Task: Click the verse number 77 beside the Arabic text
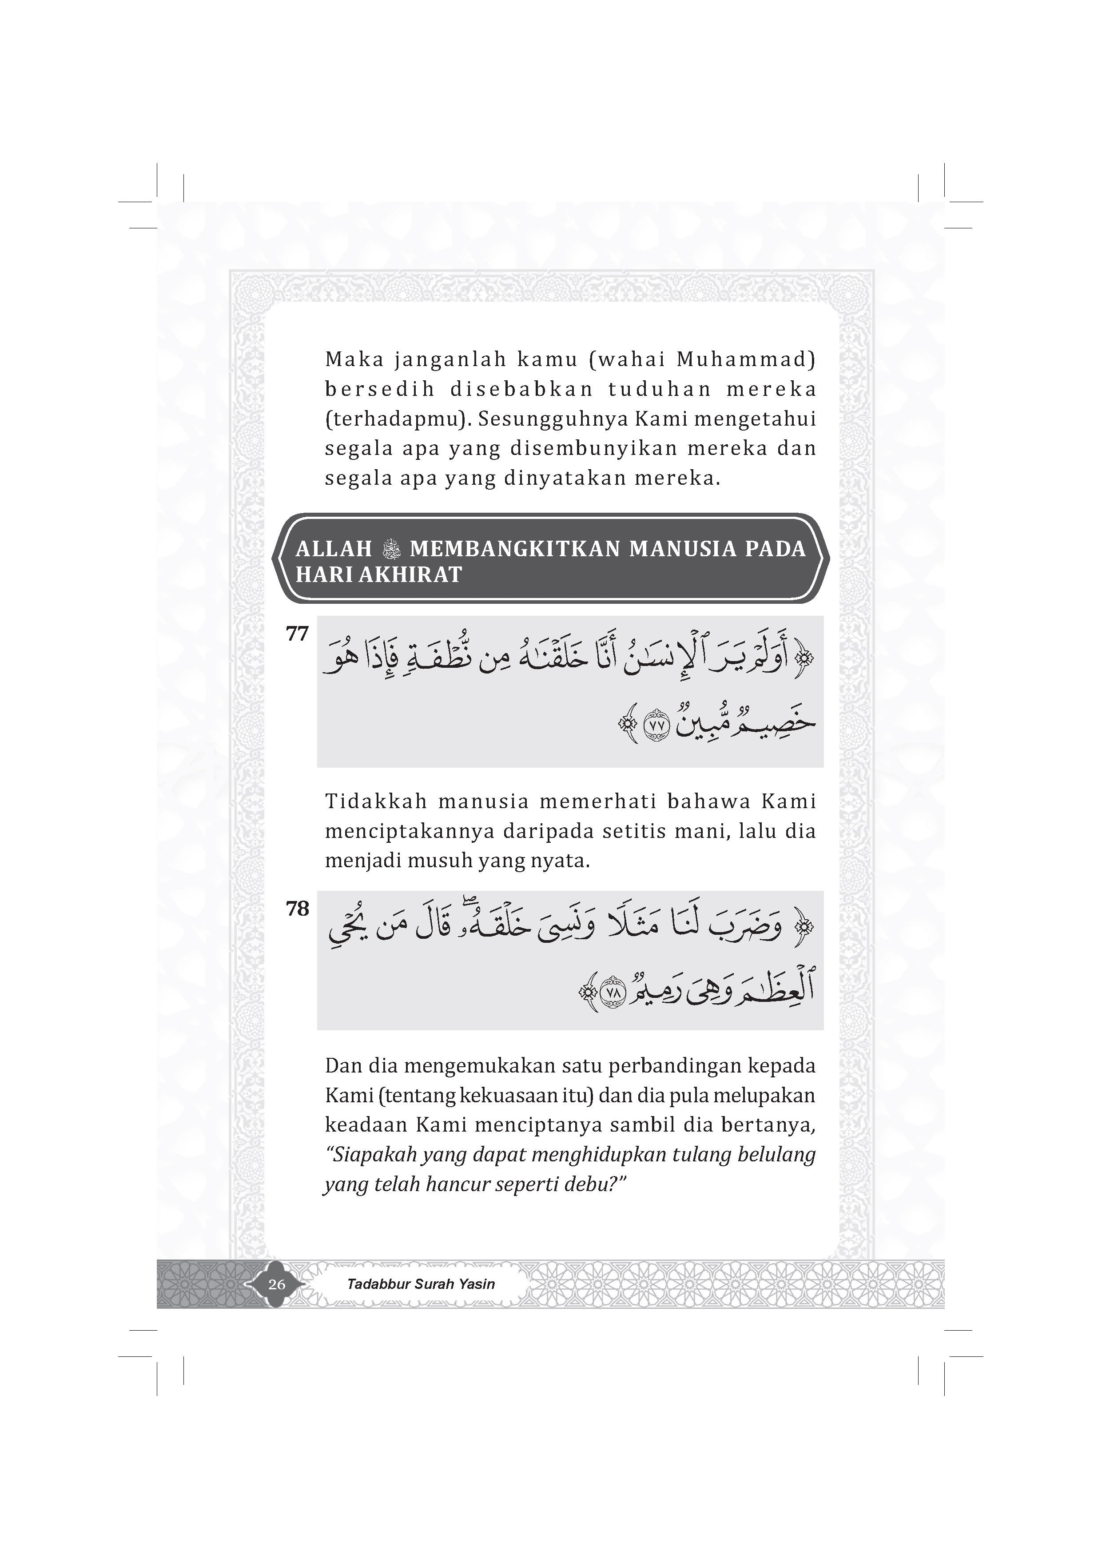point(298,634)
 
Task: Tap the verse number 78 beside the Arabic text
point(298,909)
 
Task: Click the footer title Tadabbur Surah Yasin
point(420,1284)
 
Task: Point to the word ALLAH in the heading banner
point(334,549)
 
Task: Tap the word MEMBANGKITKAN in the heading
point(515,549)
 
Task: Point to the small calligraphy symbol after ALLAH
point(392,549)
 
